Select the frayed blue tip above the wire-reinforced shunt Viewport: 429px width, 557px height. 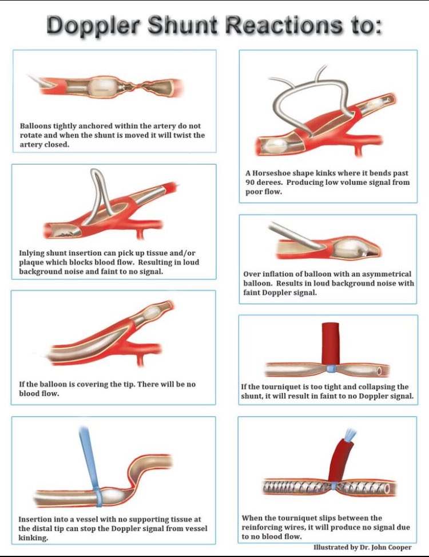[x=348, y=434]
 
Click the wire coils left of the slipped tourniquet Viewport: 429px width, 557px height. [x=295, y=487]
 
